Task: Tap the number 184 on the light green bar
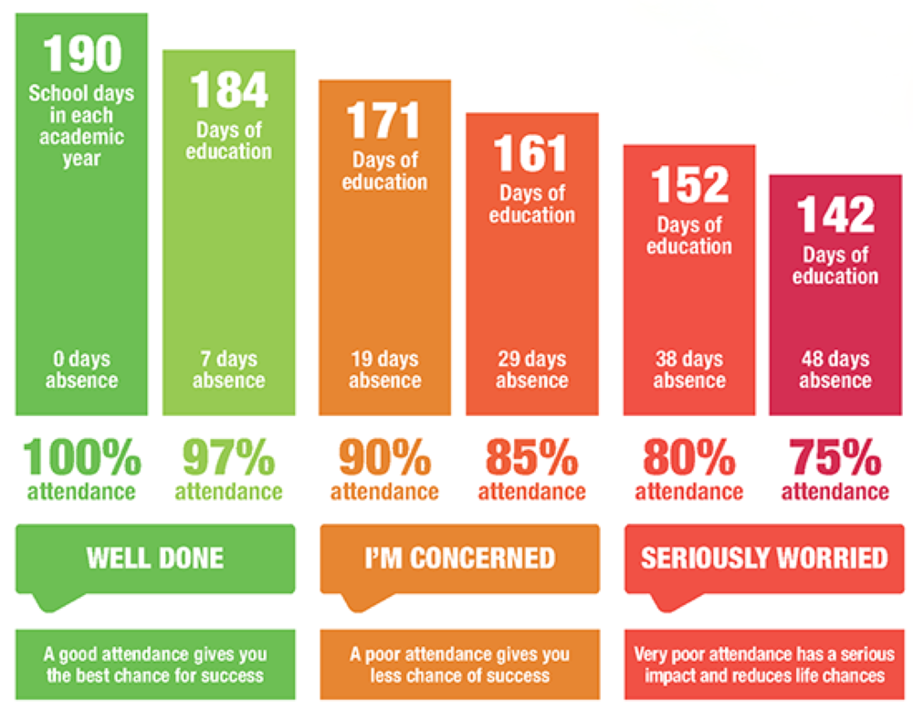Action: [228, 90]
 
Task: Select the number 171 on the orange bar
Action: [383, 120]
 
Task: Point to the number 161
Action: [531, 154]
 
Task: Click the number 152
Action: [689, 185]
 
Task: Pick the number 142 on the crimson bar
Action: [835, 216]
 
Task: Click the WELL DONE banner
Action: [155, 558]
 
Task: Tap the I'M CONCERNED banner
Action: [459, 558]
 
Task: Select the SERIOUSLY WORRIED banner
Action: [764, 558]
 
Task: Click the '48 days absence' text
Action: [835, 370]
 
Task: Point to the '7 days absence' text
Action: [228, 370]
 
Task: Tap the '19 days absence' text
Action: [383, 370]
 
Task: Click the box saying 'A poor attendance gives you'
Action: [459, 664]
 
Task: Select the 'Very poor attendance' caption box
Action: [764, 664]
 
